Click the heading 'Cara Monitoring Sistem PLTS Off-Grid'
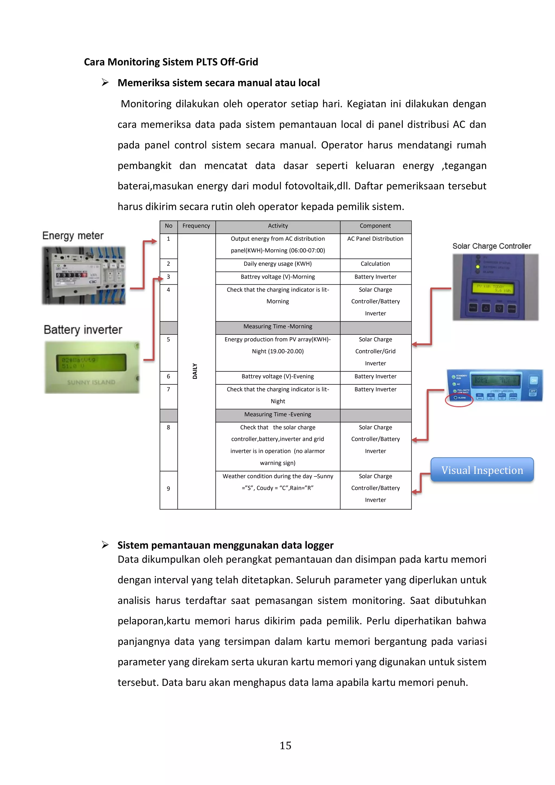[171, 62]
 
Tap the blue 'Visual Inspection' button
[482, 470]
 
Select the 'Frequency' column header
[196, 226]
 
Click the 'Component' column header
[375, 226]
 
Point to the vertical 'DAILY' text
[195, 371]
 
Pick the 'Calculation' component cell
[375, 264]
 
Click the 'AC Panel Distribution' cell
[375, 239]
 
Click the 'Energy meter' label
[73, 236]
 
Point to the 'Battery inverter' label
[83, 330]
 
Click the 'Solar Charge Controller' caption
[491, 246]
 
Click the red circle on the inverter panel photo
[459, 399]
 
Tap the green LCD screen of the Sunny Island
[91, 363]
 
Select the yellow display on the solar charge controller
[493, 288]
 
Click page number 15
[285, 745]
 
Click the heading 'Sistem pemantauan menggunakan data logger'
[225, 545]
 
